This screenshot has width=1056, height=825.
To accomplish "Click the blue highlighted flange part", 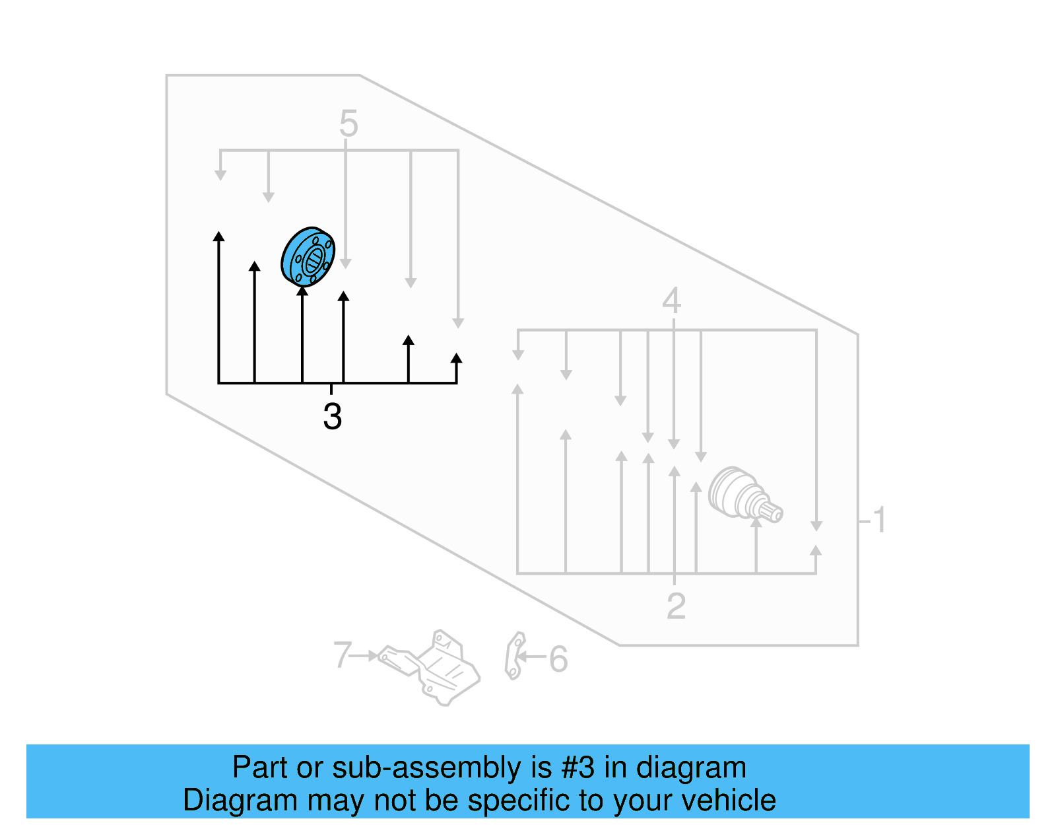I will pyautogui.click(x=308, y=256).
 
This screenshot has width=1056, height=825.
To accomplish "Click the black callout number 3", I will pyautogui.click(x=332, y=417).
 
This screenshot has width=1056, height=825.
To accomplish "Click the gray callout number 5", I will pyautogui.click(x=348, y=124).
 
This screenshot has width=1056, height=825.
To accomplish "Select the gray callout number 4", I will pyautogui.click(x=671, y=301).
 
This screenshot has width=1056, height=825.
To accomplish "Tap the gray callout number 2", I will pyautogui.click(x=676, y=606).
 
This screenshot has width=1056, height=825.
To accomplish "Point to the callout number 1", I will pyautogui.click(x=878, y=520).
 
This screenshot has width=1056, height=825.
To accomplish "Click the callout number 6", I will pyautogui.click(x=558, y=659).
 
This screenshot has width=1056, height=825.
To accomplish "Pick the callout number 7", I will pyautogui.click(x=343, y=655).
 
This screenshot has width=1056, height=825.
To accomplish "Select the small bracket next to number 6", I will pyautogui.click(x=514, y=655).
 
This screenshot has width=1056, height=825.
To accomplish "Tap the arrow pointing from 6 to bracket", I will pyautogui.click(x=531, y=657).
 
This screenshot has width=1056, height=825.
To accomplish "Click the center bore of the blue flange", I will pyautogui.click(x=314, y=259).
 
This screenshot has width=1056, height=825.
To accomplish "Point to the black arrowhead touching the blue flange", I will pyautogui.click(x=302, y=291).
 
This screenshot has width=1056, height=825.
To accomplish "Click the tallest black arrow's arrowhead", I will pyautogui.click(x=219, y=236).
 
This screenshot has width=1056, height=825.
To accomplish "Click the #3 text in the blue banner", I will pyautogui.click(x=577, y=768).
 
